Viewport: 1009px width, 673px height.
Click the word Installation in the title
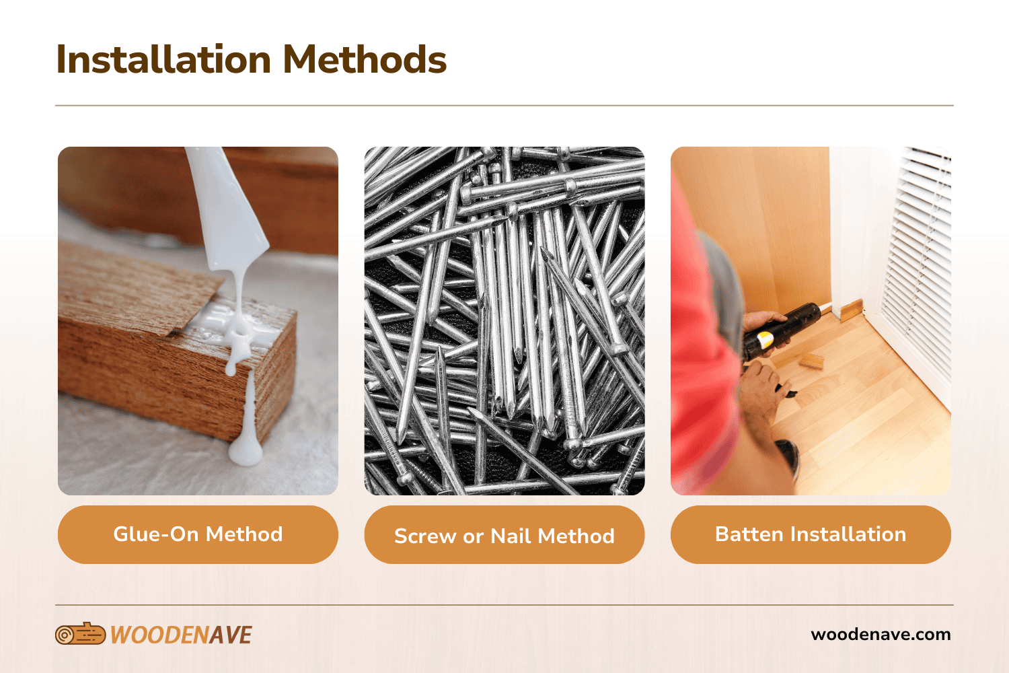click(163, 60)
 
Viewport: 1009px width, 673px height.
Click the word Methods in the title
click(364, 60)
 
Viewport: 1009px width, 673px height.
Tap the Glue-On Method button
click(198, 534)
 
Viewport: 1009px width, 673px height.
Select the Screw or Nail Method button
click(504, 535)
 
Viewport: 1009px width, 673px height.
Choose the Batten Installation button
click(811, 534)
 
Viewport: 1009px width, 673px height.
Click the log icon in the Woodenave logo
click(80, 634)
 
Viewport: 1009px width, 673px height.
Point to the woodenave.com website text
click(881, 634)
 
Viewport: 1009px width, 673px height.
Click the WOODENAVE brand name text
click(181, 635)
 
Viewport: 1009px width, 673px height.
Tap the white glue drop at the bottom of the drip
click(246, 452)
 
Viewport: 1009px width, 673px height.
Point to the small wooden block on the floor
click(811, 361)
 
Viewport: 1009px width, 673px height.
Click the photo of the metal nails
click(504, 321)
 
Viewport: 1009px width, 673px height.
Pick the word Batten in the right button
click(749, 534)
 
